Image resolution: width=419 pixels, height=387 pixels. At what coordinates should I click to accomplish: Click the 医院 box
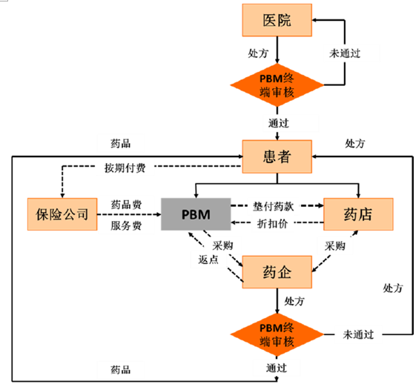[277, 20]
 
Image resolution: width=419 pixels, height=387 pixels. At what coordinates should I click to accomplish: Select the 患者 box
[277, 156]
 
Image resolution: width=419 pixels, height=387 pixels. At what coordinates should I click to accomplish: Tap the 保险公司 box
[62, 214]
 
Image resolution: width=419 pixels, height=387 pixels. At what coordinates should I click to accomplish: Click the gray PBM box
[196, 214]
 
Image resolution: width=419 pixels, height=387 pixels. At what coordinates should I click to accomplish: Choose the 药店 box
[358, 214]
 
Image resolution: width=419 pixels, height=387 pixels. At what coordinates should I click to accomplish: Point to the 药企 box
[277, 272]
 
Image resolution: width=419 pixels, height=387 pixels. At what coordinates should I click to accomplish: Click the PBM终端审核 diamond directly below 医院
[277, 85]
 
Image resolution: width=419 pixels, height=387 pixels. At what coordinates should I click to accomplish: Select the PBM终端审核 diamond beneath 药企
[277, 334]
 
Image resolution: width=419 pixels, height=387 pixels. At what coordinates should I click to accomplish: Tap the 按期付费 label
[125, 168]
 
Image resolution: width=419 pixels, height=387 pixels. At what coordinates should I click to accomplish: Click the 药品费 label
[126, 205]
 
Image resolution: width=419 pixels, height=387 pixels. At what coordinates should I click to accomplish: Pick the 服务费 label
[126, 225]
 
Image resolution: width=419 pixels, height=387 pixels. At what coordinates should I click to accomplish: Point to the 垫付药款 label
[274, 206]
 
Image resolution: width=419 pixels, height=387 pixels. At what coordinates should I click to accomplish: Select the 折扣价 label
[272, 224]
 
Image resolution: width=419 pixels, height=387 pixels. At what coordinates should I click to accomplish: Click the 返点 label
[208, 259]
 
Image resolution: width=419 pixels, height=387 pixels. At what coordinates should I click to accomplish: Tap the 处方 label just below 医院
[258, 53]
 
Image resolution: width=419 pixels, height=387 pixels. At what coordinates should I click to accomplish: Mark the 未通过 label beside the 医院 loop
[345, 53]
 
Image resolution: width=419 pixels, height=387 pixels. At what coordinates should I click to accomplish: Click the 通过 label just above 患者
[279, 123]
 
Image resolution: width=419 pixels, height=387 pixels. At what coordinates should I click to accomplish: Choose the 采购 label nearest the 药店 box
[335, 246]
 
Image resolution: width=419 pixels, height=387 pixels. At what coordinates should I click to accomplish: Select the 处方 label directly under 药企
[294, 301]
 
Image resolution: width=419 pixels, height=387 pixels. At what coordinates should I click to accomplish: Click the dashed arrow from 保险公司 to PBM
[129, 214]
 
